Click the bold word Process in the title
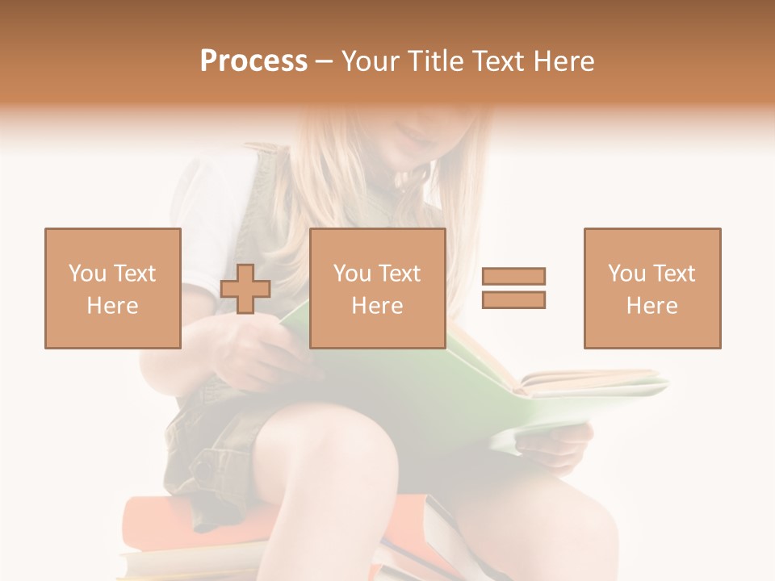(253, 61)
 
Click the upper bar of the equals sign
(513, 277)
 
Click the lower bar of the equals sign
(513, 299)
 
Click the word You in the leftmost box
(87, 274)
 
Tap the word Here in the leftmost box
(112, 306)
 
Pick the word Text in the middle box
(400, 274)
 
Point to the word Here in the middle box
(377, 306)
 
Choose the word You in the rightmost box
(626, 274)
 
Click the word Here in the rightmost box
(651, 306)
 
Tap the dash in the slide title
(324, 61)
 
